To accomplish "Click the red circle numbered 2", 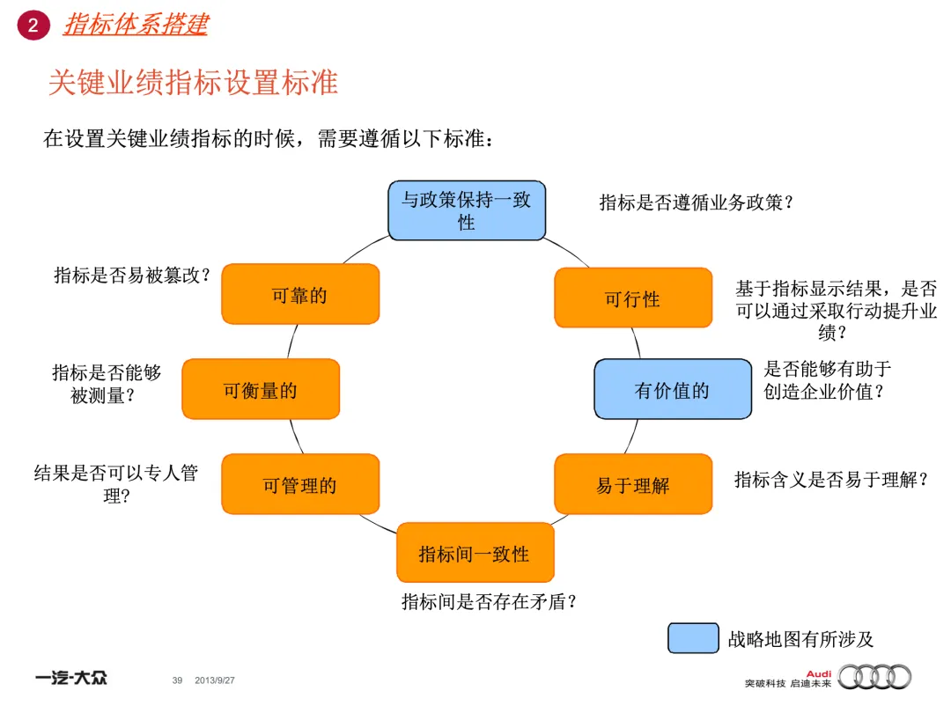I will pyautogui.click(x=33, y=26).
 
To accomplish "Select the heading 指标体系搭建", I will pyautogui.click(x=136, y=25).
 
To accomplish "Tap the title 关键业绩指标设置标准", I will pyautogui.click(x=193, y=83).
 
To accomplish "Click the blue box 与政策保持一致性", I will pyautogui.click(x=467, y=210).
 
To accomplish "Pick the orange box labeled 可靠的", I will pyautogui.click(x=299, y=295).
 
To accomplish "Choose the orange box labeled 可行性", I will pyautogui.click(x=632, y=298).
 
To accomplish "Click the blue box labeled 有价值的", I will pyautogui.click(x=672, y=389).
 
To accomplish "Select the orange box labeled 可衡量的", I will pyautogui.click(x=260, y=389).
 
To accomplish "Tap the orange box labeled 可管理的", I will pyautogui.click(x=299, y=484).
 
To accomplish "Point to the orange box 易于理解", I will pyautogui.click(x=632, y=484).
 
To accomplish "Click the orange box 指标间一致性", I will pyautogui.click(x=475, y=553).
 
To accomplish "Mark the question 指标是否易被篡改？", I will pyautogui.click(x=133, y=275).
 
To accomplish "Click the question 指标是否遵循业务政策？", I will pyautogui.click(x=697, y=202).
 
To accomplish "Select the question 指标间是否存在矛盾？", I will pyautogui.click(x=490, y=602).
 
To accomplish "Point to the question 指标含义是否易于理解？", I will pyautogui.click(x=832, y=480).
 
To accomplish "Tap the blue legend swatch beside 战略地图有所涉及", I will pyautogui.click(x=692, y=638).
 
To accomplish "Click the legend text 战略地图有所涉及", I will pyautogui.click(x=800, y=639).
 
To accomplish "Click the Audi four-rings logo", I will pyautogui.click(x=874, y=676).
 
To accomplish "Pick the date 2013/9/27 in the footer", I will pyautogui.click(x=215, y=680).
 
